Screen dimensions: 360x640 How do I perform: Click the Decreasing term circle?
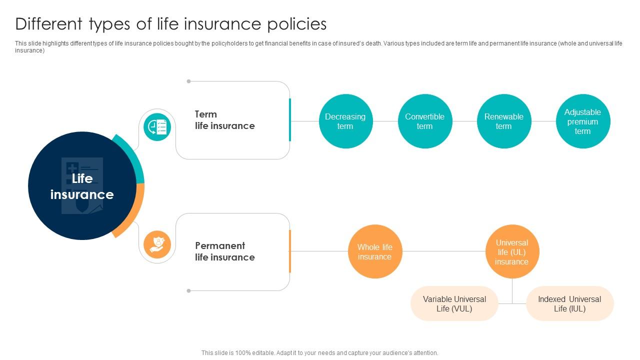click(x=345, y=121)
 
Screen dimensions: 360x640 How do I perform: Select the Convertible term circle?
click(x=424, y=121)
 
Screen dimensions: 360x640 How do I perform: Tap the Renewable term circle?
click(x=503, y=121)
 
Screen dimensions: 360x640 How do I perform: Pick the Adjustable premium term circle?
click(x=582, y=121)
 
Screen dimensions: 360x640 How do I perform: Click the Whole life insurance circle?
click(x=374, y=251)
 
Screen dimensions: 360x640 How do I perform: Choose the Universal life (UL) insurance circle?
click(x=512, y=251)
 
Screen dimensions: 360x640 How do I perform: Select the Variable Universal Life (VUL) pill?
click(x=454, y=303)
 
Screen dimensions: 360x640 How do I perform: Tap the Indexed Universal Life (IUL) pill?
click(x=569, y=303)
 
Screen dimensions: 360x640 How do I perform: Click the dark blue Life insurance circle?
click(x=82, y=186)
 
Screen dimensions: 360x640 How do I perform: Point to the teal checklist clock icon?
click(x=157, y=127)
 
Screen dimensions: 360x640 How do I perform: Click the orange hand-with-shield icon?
click(x=157, y=245)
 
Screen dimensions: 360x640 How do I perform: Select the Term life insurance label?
click(x=224, y=120)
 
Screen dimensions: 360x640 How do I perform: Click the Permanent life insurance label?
click(x=224, y=251)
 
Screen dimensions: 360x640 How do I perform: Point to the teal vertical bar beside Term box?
click(x=290, y=120)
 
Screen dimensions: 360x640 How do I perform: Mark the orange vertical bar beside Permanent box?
click(x=290, y=251)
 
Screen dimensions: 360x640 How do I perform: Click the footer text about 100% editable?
click(x=319, y=352)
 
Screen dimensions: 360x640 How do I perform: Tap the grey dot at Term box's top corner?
click(x=188, y=81)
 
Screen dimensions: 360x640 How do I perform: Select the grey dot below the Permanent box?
click(x=188, y=290)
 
